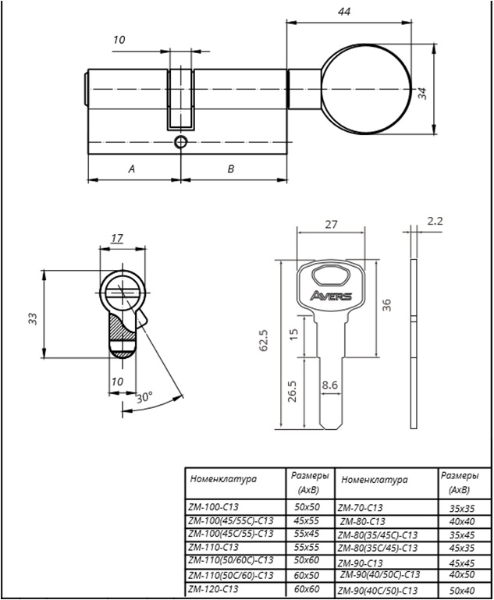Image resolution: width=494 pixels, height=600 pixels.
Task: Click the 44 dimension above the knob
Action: pyautogui.click(x=344, y=12)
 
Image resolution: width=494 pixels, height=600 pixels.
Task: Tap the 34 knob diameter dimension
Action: pyautogui.click(x=421, y=94)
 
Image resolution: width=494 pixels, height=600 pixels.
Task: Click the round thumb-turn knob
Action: pyautogui.click(x=366, y=89)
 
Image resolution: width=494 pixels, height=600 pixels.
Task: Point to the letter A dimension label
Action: pyautogui.click(x=131, y=169)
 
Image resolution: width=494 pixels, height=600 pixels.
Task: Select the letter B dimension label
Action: pyautogui.click(x=231, y=169)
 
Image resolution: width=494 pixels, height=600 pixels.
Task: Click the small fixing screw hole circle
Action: pyautogui.click(x=180, y=142)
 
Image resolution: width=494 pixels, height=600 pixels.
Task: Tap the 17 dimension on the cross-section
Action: pyautogui.click(x=117, y=238)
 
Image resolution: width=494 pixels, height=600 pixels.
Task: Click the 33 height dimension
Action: pyautogui.click(x=34, y=319)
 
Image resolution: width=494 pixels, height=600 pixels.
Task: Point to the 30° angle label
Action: pyautogui.click(x=144, y=398)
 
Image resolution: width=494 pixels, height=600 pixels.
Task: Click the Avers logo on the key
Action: pyautogui.click(x=331, y=296)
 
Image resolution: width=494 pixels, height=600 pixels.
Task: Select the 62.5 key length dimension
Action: pyautogui.click(x=264, y=340)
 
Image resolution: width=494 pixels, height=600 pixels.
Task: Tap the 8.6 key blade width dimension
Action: pyautogui.click(x=330, y=385)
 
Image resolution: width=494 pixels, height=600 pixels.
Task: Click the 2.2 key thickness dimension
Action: pyautogui.click(x=435, y=221)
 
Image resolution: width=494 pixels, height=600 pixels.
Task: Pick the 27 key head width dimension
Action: pyautogui.click(x=331, y=224)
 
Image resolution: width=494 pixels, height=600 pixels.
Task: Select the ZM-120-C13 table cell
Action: pyautogui.click(x=214, y=588)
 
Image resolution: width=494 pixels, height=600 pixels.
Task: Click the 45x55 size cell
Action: pyautogui.click(x=306, y=520)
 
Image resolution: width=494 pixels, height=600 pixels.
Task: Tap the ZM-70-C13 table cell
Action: pyautogui.click(x=360, y=508)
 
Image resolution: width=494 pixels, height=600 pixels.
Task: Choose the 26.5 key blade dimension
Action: pyautogui.click(x=293, y=391)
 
